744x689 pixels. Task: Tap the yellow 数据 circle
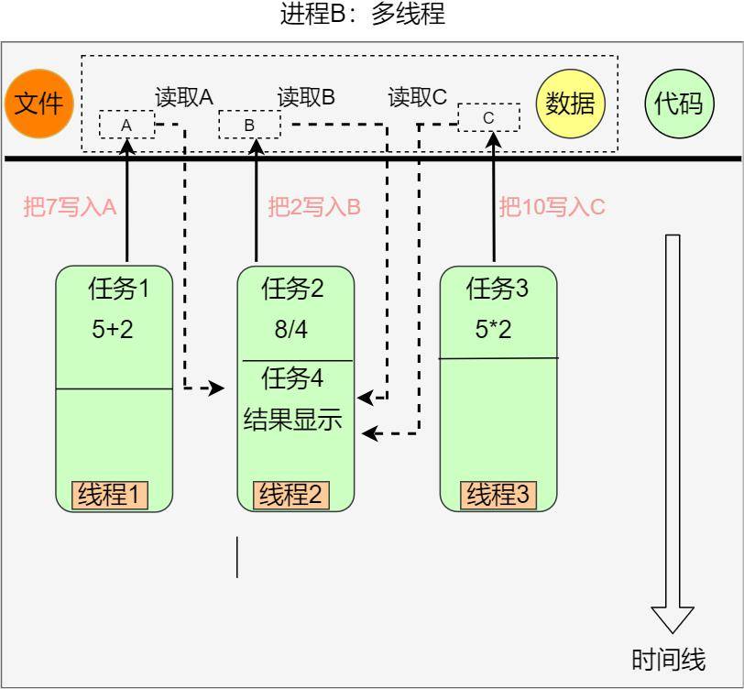[x=570, y=103]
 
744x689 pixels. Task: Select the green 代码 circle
[x=678, y=103]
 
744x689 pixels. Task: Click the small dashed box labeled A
[x=127, y=124]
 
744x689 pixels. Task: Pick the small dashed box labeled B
[x=249, y=124]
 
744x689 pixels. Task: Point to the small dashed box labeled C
[x=488, y=117]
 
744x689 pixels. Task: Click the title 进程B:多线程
[x=363, y=16]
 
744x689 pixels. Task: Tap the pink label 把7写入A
[x=70, y=207]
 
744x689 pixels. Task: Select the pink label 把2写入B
[x=314, y=207]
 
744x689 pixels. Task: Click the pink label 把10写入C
[x=552, y=207]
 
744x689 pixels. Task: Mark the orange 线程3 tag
[x=498, y=495]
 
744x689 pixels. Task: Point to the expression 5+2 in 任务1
[x=113, y=330]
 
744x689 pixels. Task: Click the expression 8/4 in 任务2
[x=291, y=330]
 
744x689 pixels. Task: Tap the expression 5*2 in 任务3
[x=493, y=330]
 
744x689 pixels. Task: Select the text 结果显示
[x=292, y=420]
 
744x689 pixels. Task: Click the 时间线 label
[x=669, y=660]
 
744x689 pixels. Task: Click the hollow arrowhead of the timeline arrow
[x=673, y=618]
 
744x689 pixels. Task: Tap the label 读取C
[x=417, y=97]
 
